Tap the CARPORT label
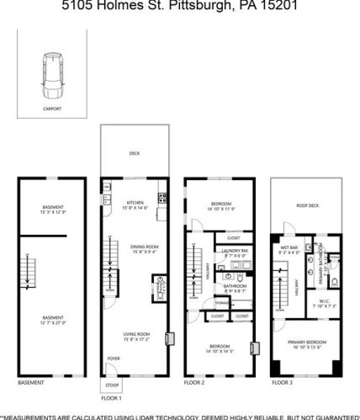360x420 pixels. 51,109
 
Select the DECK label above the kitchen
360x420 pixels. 134,153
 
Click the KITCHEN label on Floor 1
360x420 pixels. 134,202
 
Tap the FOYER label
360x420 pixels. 113,358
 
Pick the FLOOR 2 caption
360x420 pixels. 194,383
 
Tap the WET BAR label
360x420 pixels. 288,247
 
